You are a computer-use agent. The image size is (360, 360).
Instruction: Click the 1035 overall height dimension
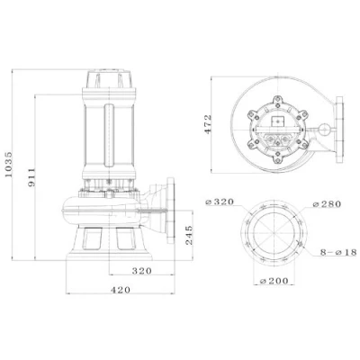(x=9, y=165)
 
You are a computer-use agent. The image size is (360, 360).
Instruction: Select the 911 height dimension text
(x=31, y=177)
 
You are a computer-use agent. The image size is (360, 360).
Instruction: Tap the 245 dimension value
(x=189, y=235)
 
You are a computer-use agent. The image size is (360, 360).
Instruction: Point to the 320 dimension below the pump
(x=142, y=271)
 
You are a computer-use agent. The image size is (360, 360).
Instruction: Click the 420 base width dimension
(x=121, y=290)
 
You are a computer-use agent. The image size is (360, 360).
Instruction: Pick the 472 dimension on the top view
(x=208, y=124)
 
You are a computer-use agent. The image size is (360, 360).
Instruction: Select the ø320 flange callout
(x=220, y=202)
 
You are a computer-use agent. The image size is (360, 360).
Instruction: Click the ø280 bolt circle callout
(x=327, y=204)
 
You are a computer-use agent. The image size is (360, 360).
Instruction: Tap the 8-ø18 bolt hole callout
(x=338, y=252)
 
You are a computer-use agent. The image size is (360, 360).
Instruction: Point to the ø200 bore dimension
(x=274, y=281)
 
